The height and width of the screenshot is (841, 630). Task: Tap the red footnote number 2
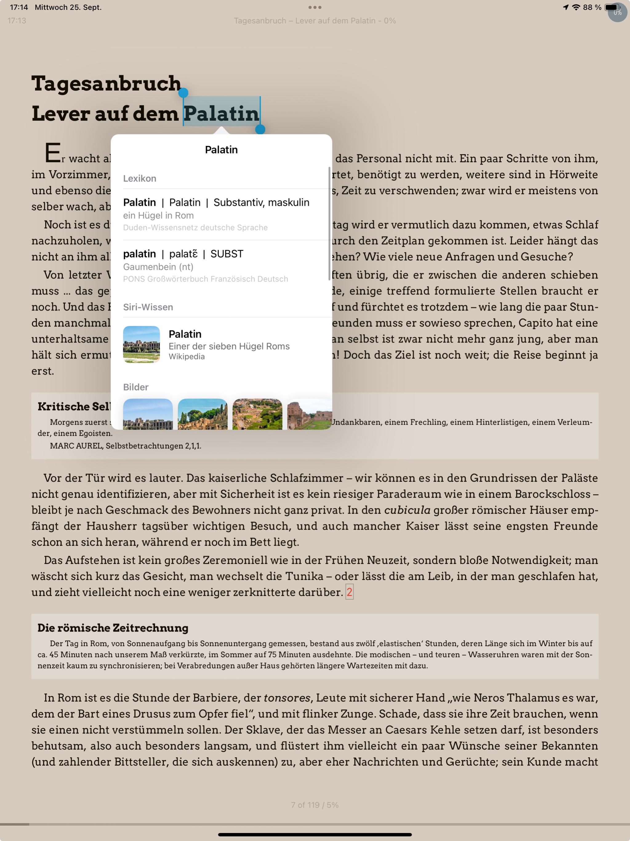[x=349, y=592]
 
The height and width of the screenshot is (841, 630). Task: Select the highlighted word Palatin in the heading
[x=221, y=113]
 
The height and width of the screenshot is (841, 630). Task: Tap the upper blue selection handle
[x=183, y=92]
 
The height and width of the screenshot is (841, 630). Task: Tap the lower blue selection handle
[x=260, y=130]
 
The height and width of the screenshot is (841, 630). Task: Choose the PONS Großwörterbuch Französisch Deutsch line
[x=206, y=279]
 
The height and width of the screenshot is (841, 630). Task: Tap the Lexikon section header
[x=139, y=178]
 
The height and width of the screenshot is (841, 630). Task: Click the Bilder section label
[x=136, y=387]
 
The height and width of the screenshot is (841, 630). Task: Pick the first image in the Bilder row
[x=148, y=414]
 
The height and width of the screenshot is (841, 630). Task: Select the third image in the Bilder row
[x=257, y=414]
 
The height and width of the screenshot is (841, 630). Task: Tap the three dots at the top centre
[x=315, y=7]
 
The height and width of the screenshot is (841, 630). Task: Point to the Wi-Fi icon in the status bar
[x=576, y=7]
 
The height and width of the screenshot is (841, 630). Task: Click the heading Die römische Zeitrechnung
[x=113, y=628]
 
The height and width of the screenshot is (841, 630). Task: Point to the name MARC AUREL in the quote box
[x=76, y=446]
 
